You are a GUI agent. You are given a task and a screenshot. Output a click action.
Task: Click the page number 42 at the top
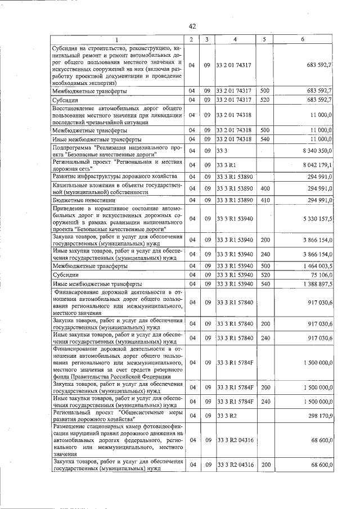coord(192,26)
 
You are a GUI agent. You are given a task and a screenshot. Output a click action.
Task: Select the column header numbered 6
coord(303,39)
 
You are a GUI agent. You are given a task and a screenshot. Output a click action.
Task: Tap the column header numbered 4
coord(235,39)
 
